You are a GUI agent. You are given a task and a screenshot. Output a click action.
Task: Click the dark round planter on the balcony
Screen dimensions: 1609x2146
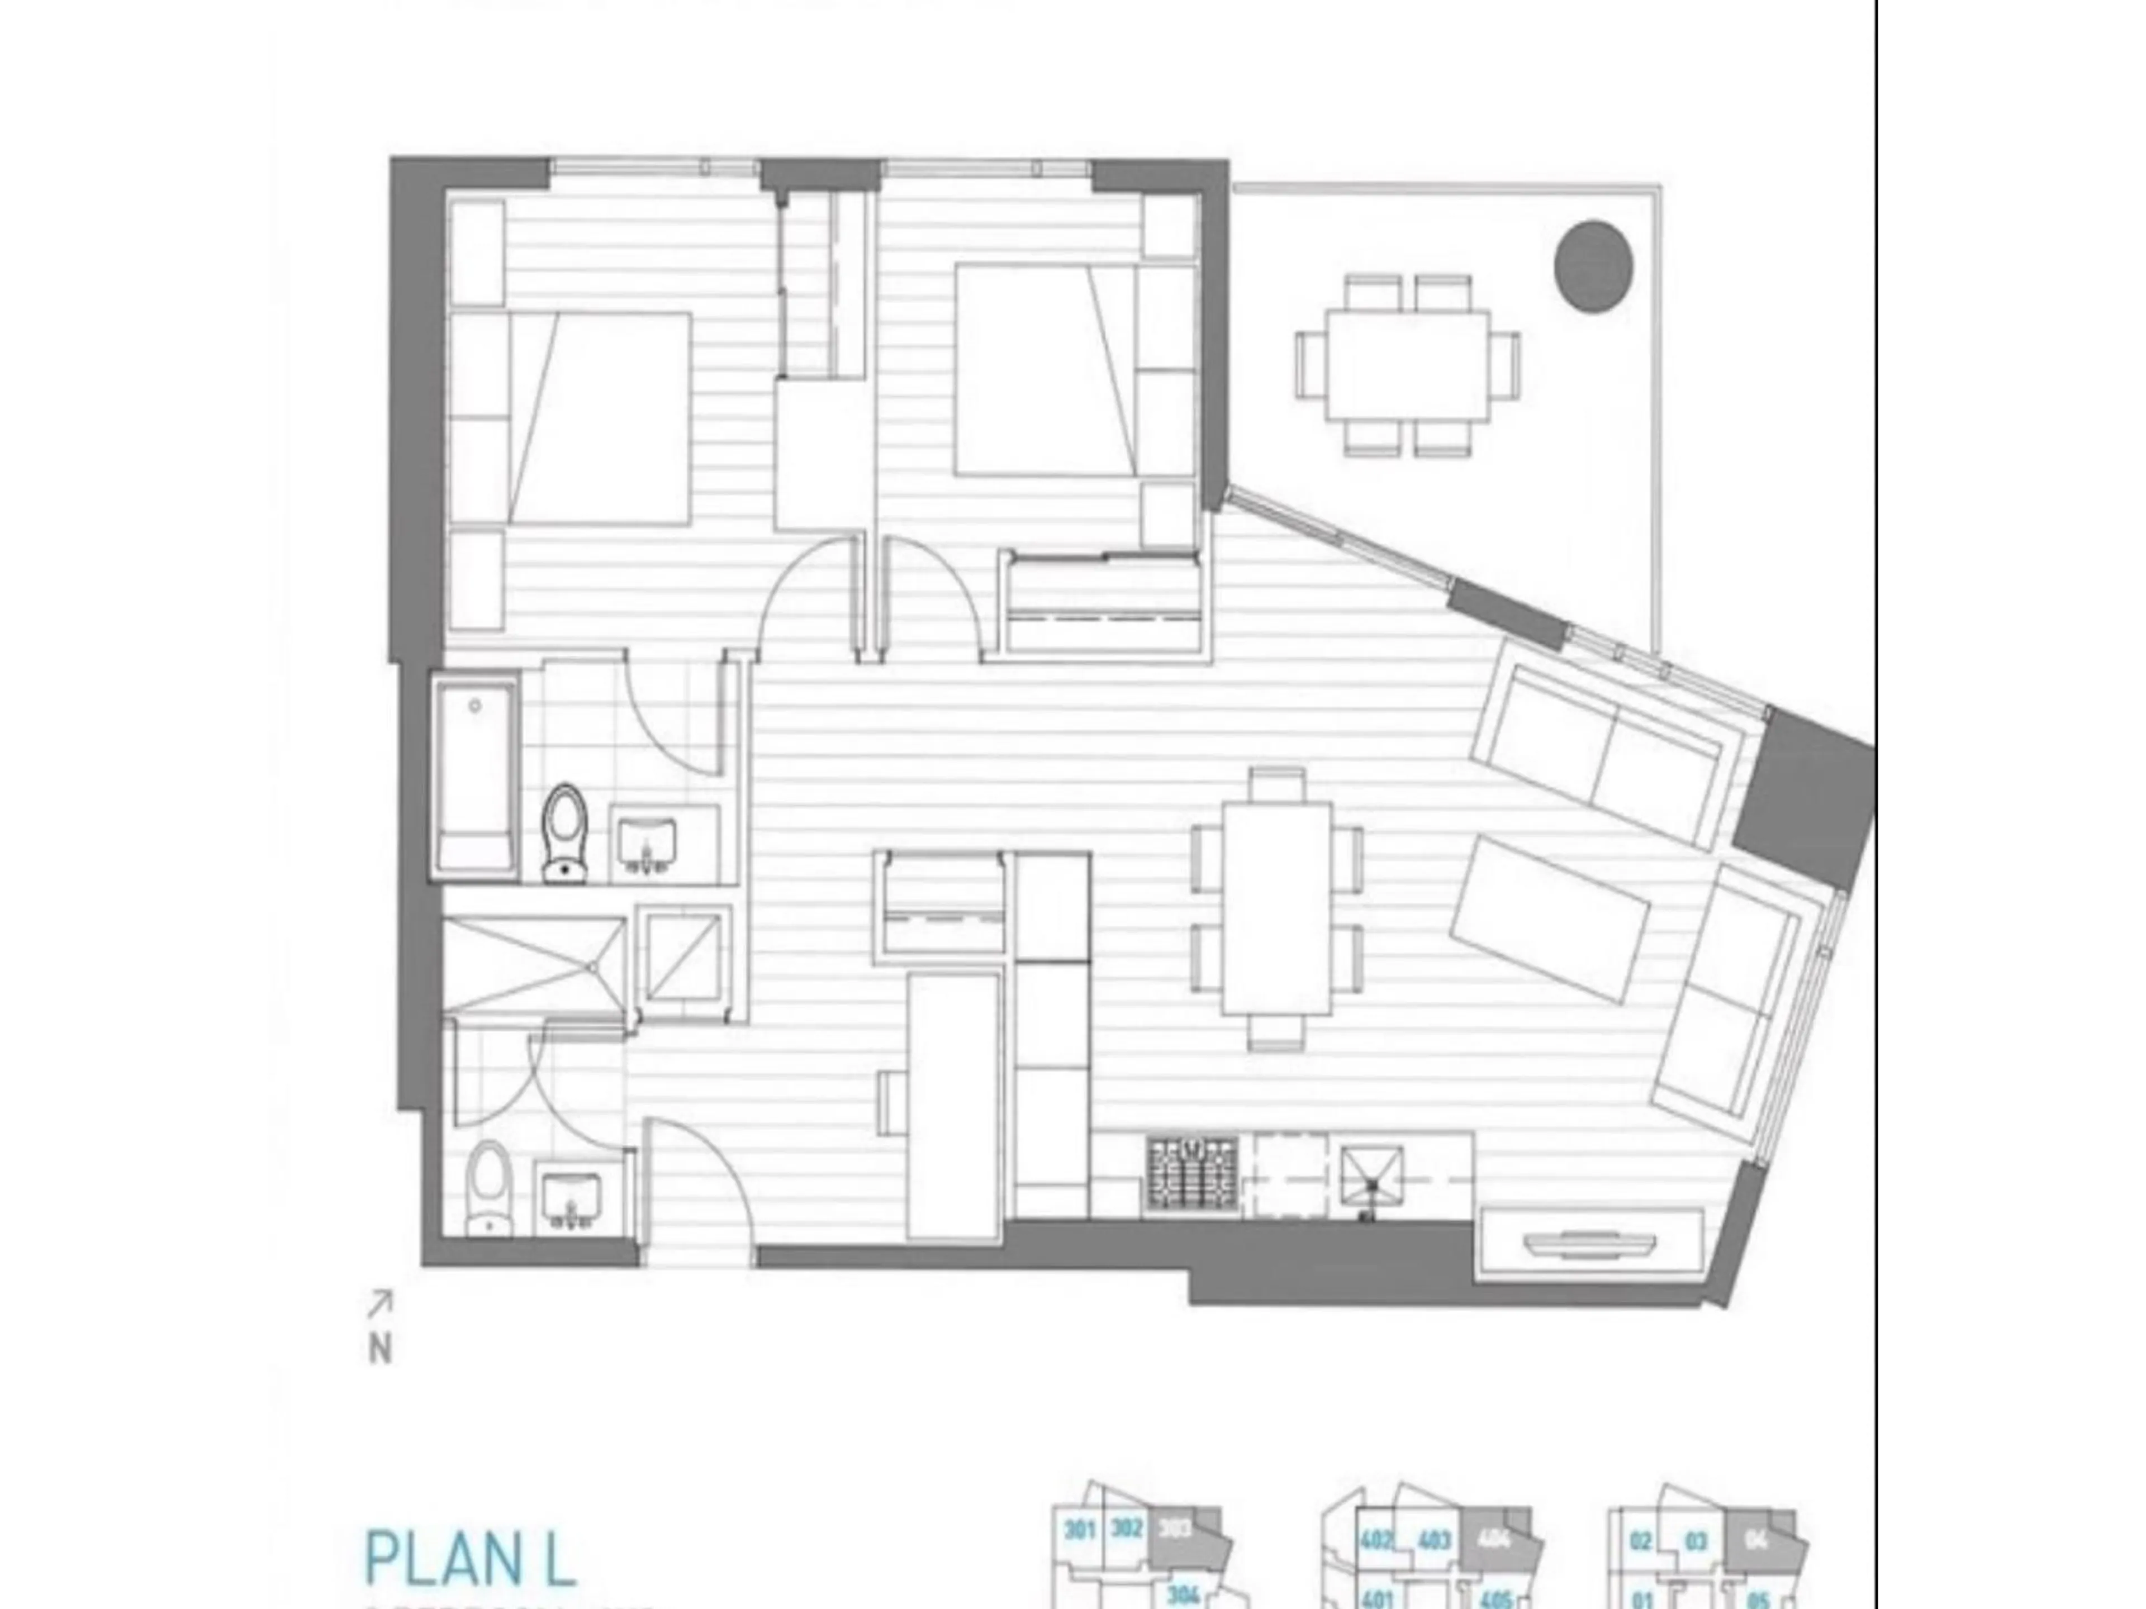coord(1593,266)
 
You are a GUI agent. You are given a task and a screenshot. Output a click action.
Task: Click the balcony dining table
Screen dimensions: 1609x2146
coord(1408,365)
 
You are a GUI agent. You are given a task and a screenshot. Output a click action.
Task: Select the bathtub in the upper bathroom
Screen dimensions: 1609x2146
coord(476,776)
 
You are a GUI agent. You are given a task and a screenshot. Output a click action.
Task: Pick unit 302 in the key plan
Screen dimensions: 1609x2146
coord(1126,1530)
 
